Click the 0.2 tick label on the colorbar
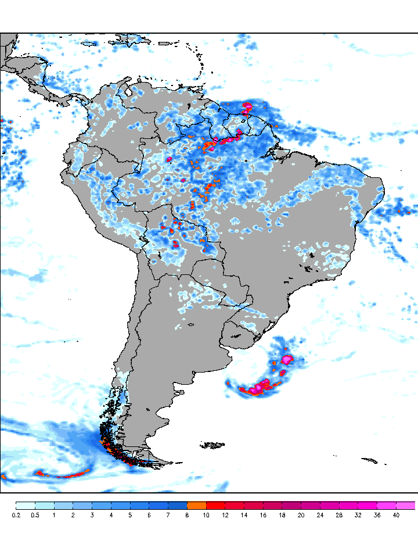point(16,515)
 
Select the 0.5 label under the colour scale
point(35,515)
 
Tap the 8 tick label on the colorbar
point(187,515)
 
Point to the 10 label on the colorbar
point(206,515)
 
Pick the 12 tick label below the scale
point(225,515)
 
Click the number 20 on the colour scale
point(301,515)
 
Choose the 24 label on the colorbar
point(320,515)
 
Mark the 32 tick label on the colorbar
point(358,515)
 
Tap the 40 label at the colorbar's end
point(396,515)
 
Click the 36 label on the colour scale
point(377,515)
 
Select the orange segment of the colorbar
point(197,506)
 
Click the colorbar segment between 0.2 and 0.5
point(26,506)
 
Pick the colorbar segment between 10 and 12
point(216,506)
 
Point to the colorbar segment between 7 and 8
point(178,506)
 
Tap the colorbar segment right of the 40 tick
point(406,506)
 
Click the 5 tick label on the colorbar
point(130,515)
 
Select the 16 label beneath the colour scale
point(263,515)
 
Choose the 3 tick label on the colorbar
point(92,515)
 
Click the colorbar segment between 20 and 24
point(311,506)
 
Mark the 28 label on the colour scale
point(339,515)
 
